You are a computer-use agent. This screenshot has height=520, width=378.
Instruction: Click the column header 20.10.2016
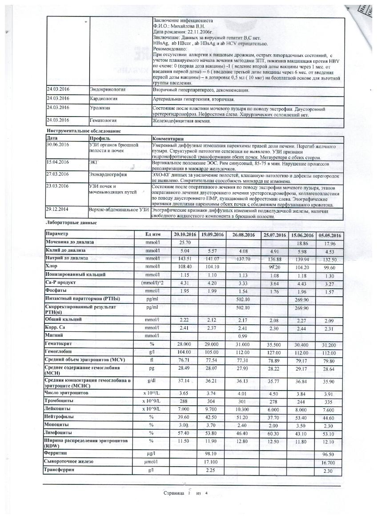(x=185, y=234)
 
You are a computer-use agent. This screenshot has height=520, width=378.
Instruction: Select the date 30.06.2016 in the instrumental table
(x=59, y=145)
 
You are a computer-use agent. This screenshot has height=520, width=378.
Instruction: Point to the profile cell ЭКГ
(x=95, y=163)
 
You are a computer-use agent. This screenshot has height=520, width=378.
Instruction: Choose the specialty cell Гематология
(x=104, y=120)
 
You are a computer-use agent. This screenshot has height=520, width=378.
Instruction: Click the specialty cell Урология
(x=101, y=108)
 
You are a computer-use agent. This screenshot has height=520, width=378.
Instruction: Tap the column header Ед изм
(x=153, y=234)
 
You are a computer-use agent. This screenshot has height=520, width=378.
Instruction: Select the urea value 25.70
(x=185, y=243)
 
